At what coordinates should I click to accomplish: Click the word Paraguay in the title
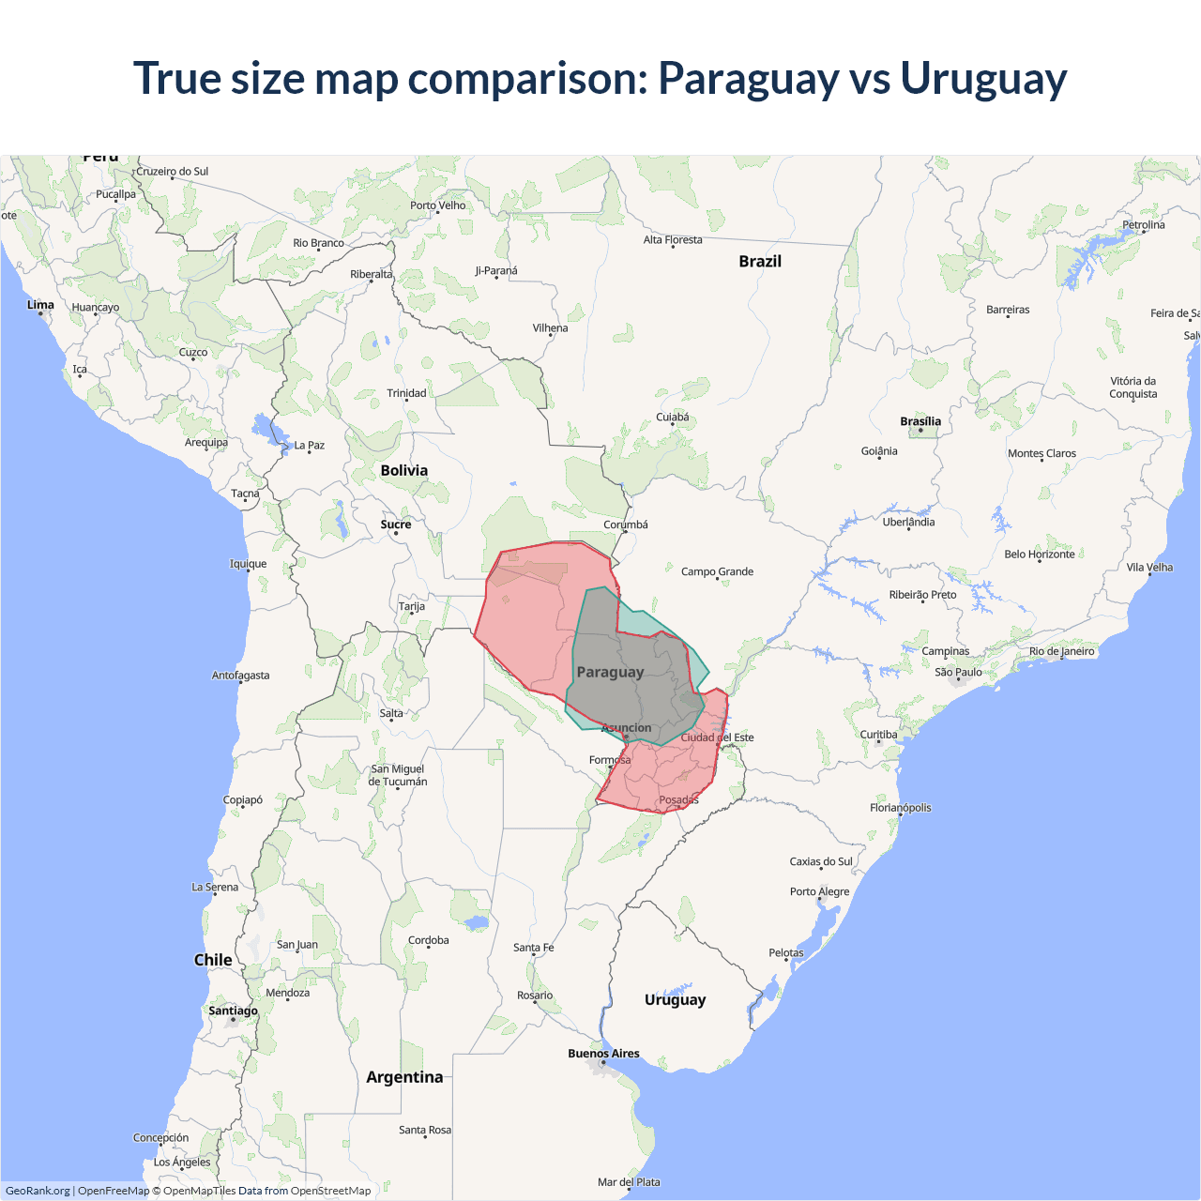pyautogui.click(x=748, y=79)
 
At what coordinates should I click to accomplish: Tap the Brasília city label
pyautogui.click(x=920, y=421)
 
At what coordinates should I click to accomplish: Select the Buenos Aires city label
pyautogui.click(x=603, y=1054)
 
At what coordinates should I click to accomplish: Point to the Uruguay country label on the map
pyautogui.click(x=675, y=999)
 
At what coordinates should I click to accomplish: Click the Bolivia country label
pyautogui.click(x=404, y=470)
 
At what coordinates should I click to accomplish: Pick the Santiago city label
pyautogui.click(x=233, y=1011)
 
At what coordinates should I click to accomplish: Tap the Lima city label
pyautogui.click(x=40, y=305)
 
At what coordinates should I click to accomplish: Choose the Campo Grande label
pyautogui.click(x=717, y=571)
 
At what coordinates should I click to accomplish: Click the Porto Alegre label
pyautogui.click(x=819, y=891)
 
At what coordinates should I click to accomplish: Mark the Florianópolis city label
pyautogui.click(x=900, y=808)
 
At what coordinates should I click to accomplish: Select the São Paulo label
pyautogui.click(x=958, y=672)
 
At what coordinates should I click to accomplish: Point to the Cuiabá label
pyautogui.click(x=672, y=417)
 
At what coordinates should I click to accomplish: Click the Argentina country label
pyautogui.click(x=404, y=1077)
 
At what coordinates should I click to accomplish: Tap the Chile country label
pyautogui.click(x=213, y=960)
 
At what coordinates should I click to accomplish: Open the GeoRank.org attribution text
pyautogui.click(x=38, y=1191)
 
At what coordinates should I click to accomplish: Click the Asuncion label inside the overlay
pyautogui.click(x=626, y=727)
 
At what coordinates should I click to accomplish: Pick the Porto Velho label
pyautogui.click(x=437, y=205)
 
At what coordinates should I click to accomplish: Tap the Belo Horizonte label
pyautogui.click(x=1040, y=554)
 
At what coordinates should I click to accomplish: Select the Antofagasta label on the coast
pyautogui.click(x=240, y=676)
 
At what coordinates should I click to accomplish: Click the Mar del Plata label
pyautogui.click(x=629, y=1182)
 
